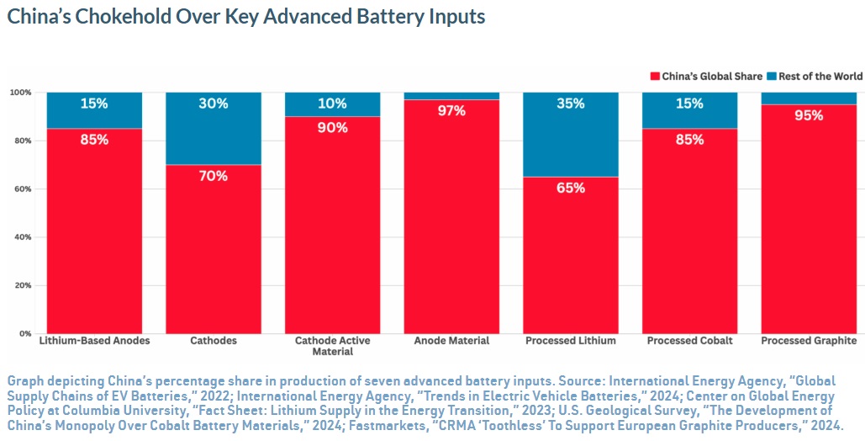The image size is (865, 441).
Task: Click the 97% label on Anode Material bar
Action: [x=451, y=111]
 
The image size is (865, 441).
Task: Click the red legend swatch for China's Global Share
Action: [x=655, y=77]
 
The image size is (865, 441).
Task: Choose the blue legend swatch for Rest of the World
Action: [x=771, y=77]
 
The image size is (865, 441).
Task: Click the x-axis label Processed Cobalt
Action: [x=689, y=341]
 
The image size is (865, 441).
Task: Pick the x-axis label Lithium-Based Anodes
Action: [x=94, y=341]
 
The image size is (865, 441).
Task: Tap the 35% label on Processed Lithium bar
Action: [x=571, y=104]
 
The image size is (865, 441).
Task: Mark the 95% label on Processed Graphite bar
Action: [x=809, y=115]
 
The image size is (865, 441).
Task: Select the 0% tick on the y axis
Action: [x=25, y=334]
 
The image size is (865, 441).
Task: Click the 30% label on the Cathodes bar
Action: [x=214, y=104]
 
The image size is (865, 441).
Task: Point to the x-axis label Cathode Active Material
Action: [x=332, y=346]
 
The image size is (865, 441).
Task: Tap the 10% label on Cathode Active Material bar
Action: [x=332, y=104]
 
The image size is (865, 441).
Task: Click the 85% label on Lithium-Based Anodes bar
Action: [x=94, y=140]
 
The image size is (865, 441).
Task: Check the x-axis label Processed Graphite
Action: [x=809, y=341]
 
